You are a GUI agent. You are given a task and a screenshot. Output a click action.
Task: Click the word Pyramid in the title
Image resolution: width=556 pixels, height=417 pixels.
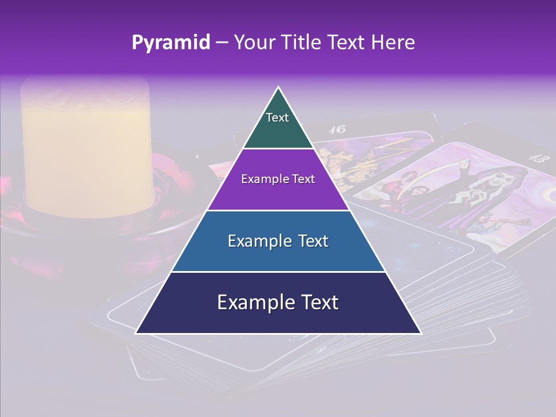tap(170, 42)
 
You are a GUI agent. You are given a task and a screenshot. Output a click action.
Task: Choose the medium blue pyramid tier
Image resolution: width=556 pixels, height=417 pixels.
tap(278, 255)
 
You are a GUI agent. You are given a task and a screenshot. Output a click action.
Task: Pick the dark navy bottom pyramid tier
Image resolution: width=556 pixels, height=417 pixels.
tap(278, 319)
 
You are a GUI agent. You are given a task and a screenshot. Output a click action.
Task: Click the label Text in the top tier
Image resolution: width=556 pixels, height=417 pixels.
tap(277, 118)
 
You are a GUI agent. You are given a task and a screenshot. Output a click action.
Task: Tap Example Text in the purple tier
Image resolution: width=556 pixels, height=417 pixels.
tap(278, 179)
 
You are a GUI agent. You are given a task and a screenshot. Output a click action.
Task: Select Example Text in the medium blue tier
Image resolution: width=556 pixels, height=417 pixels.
tap(278, 241)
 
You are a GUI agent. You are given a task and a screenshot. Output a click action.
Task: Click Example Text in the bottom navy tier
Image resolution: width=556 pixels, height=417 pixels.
tap(278, 302)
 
